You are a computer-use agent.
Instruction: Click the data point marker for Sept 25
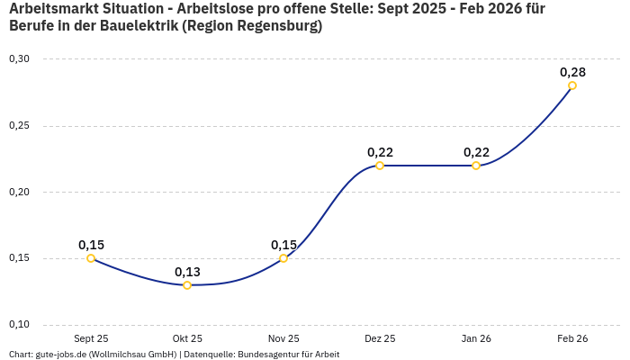click(x=91, y=258)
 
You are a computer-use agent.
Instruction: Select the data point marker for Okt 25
click(x=187, y=285)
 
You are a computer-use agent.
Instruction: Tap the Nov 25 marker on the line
click(x=283, y=258)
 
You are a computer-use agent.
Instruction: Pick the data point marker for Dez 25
click(x=380, y=166)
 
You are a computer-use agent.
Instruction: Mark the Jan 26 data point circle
click(x=476, y=166)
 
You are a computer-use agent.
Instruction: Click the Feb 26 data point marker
click(x=572, y=85)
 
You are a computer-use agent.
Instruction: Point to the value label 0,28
click(x=572, y=71)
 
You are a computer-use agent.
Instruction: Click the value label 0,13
click(x=187, y=272)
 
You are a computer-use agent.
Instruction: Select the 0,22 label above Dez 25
click(x=380, y=152)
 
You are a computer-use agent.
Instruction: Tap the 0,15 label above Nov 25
click(x=283, y=245)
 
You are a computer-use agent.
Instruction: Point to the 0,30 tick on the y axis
click(x=19, y=58)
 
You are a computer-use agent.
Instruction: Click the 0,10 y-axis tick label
click(x=19, y=325)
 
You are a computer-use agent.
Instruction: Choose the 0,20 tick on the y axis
click(x=19, y=192)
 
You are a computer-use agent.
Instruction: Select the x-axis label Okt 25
click(x=187, y=338)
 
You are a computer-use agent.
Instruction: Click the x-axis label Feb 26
click(x=572, y=338)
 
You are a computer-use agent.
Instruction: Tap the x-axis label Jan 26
click(x=476, y=338)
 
